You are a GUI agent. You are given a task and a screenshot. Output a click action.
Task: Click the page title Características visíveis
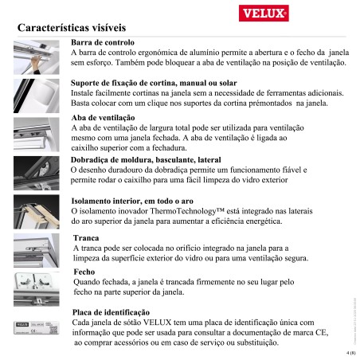point(76,29)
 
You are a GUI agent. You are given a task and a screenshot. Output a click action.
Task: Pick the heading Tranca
point(86,238)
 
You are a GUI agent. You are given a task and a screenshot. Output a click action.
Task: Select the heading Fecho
point(84,272)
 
